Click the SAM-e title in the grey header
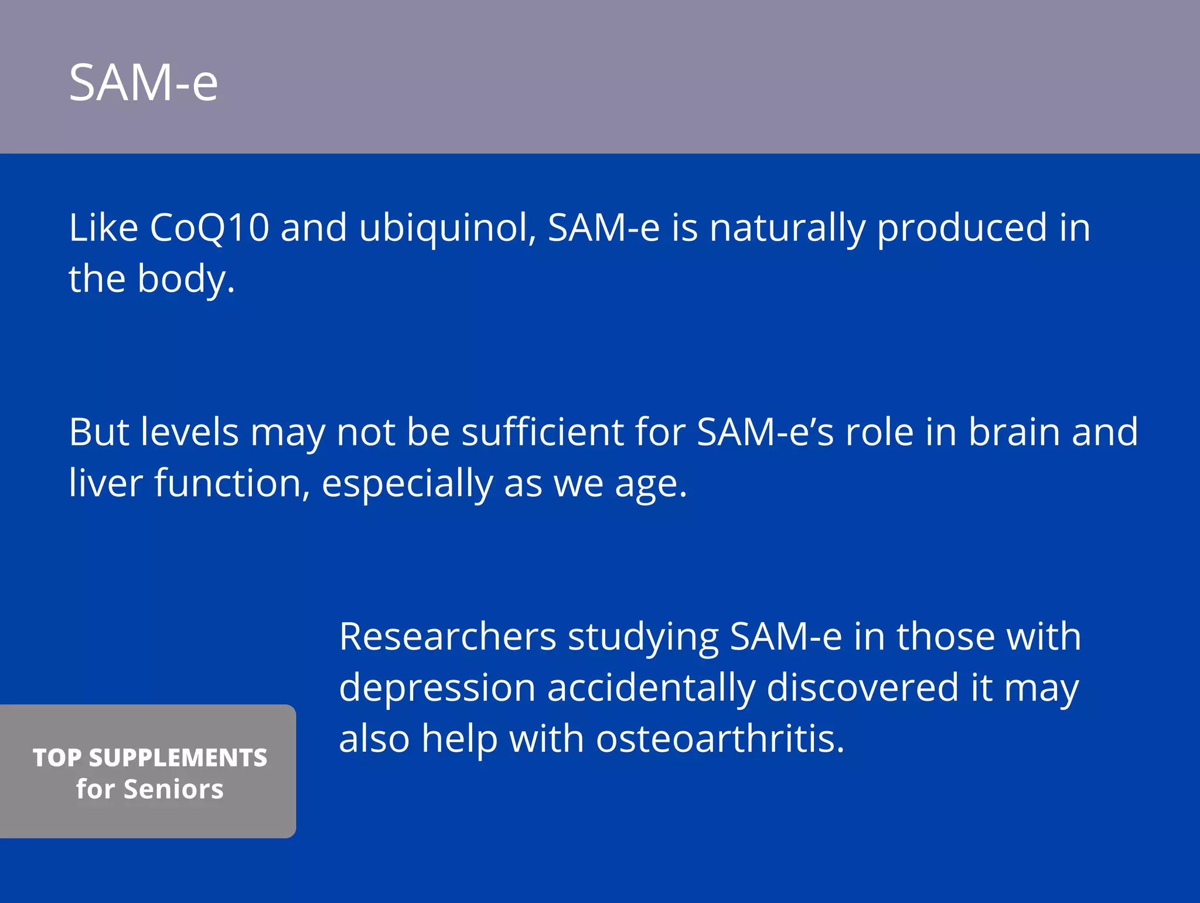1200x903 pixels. [144, 83]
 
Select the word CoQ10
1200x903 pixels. [209, 228]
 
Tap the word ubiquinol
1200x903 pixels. [447, 229]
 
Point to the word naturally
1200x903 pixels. [787, 229]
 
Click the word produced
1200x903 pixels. [962, 229]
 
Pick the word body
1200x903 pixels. [186, 279]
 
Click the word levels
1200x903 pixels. [190, 433]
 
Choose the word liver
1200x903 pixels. [105, 484]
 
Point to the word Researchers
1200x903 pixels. [448, 637]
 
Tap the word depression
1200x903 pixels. [437, 688]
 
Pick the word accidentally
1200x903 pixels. [650, 688]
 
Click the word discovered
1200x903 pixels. [862, 687]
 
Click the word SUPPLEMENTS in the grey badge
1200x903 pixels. [178, 758]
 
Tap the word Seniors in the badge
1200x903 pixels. [173, 789]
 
